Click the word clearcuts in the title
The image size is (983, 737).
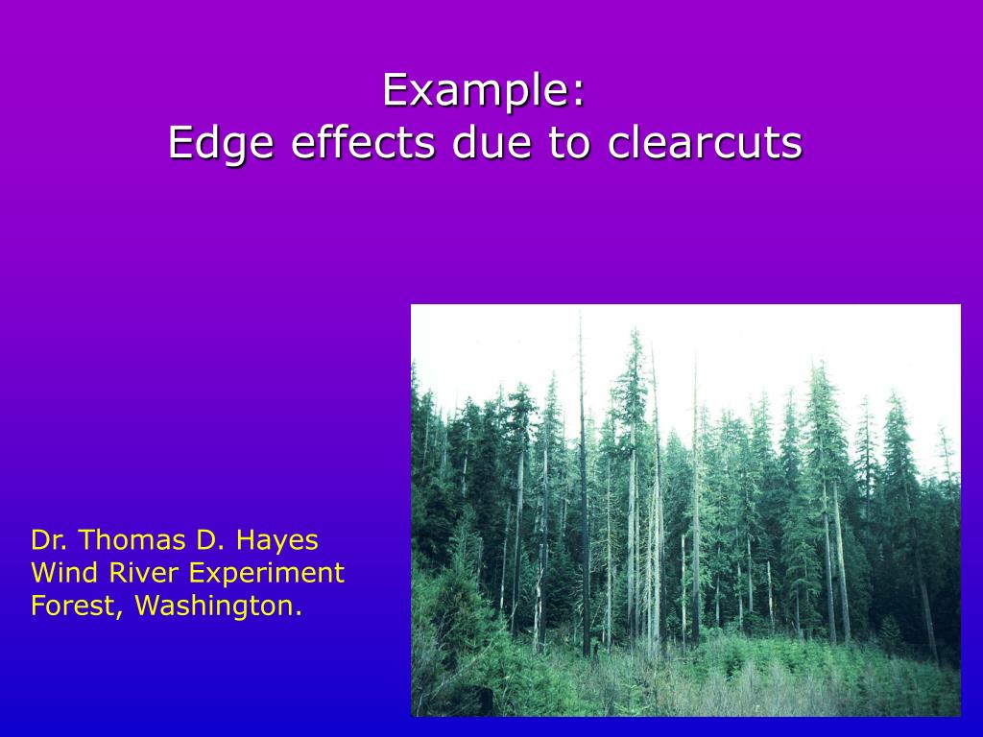[705, 144]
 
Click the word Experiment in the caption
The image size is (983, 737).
[267, 573]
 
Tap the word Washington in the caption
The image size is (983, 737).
[217, 606]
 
